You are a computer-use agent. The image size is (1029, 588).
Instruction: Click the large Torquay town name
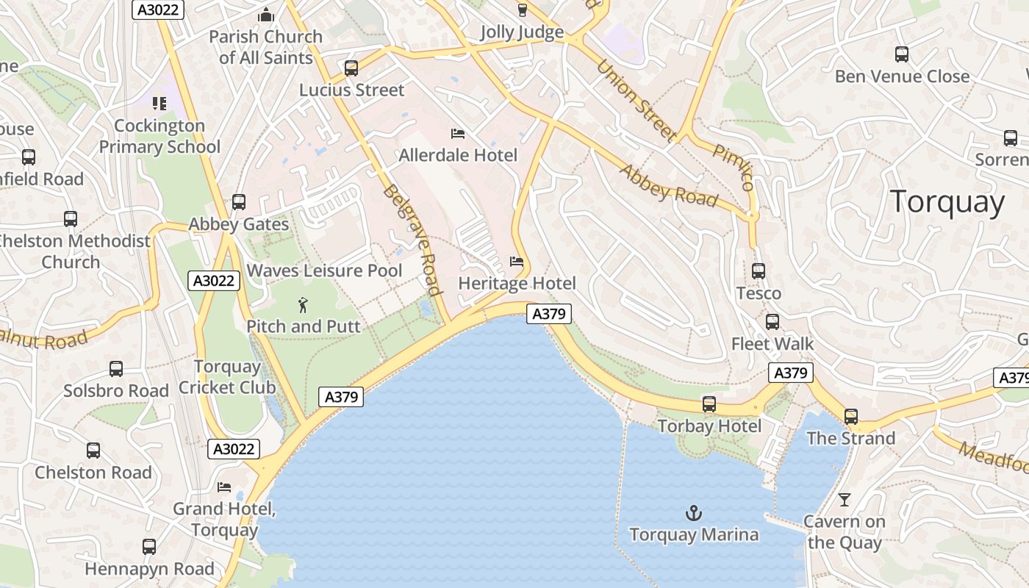[x=947, y=202]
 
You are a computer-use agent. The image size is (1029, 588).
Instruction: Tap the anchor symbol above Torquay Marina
[x=692, y=512]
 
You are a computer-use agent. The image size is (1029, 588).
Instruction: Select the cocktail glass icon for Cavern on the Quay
[x=844, y=500]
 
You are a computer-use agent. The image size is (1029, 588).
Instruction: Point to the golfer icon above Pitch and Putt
[x=303, y=304]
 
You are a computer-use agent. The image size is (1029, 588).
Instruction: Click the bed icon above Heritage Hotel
[x=517, y=262]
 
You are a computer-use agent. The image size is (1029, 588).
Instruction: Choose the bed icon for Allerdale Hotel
[x=458, y=134]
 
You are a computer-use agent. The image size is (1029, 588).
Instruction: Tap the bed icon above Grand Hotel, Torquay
[x=224, y=487]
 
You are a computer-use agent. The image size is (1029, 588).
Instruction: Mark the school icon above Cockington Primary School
[x=159, y=104]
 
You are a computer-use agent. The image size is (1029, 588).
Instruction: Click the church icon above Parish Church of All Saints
[x=265, y=15]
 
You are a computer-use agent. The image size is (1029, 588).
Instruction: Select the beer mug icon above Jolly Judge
[x=522, y=10]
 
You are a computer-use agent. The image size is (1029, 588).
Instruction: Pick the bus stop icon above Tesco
[x=759, y=270]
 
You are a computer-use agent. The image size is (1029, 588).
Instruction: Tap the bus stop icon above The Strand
[x=850, y=417]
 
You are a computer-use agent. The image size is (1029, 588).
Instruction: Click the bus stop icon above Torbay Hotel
[x=709, y=404]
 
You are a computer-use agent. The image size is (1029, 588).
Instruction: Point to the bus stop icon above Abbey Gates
[x=239, y=202]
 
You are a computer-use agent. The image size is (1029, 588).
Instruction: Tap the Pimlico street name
[x=733, y=166]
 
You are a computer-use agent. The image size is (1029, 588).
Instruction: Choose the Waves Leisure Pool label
[x=324, y=270]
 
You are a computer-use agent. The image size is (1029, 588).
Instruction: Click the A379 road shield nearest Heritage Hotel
[x=548, y=314]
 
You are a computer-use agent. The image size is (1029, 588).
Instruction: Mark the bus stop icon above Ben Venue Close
[x=902, y=54]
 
